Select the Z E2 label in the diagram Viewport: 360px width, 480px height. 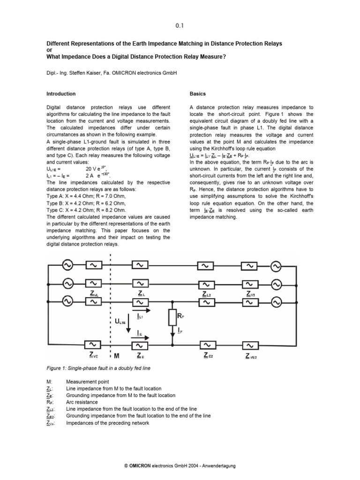coord(208,356)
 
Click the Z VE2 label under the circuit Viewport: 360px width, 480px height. coord(251,356)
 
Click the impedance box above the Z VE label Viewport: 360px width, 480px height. coord(93,345)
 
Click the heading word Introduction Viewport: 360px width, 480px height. coord(61,94)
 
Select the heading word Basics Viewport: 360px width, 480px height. coord(197,94)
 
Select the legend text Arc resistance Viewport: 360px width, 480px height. coord(82,402)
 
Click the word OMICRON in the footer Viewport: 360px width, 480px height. coord(142,465)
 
